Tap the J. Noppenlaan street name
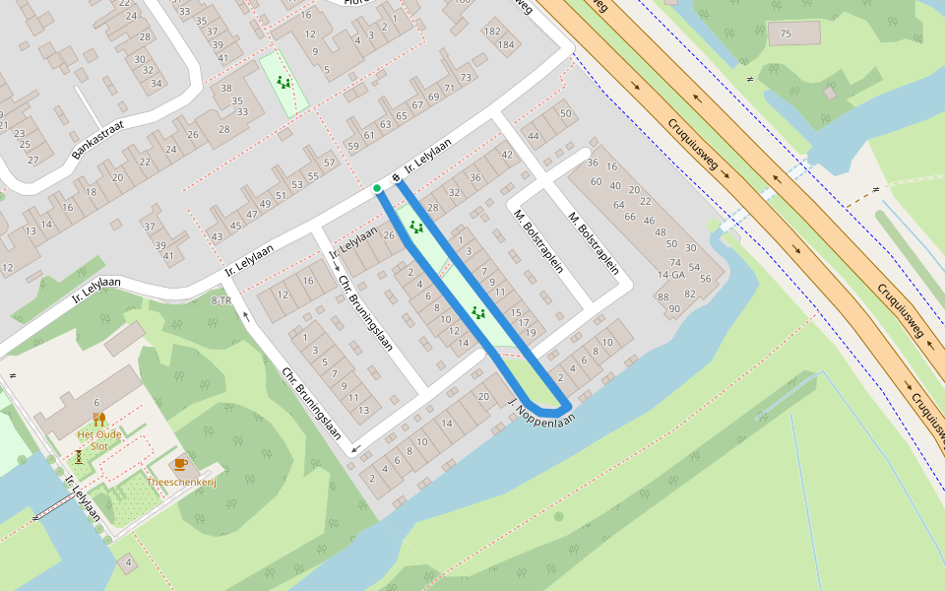click(540, 413)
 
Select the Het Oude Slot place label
click(98, 439)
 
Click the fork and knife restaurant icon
click(99, 420)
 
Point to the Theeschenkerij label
click(181, 481)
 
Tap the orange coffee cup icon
click(180, 463)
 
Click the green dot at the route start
click(377, 188)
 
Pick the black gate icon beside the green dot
click(395, 177)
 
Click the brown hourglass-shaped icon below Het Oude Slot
click(79, 457)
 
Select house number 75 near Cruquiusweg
click(785, 35)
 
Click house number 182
click(491, 33)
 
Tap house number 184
click(506, 44)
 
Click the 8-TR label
click(221, 299)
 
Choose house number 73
click(465, 77)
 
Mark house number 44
click(534, 136)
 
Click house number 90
click(674, 308)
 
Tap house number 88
click(662, 296)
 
